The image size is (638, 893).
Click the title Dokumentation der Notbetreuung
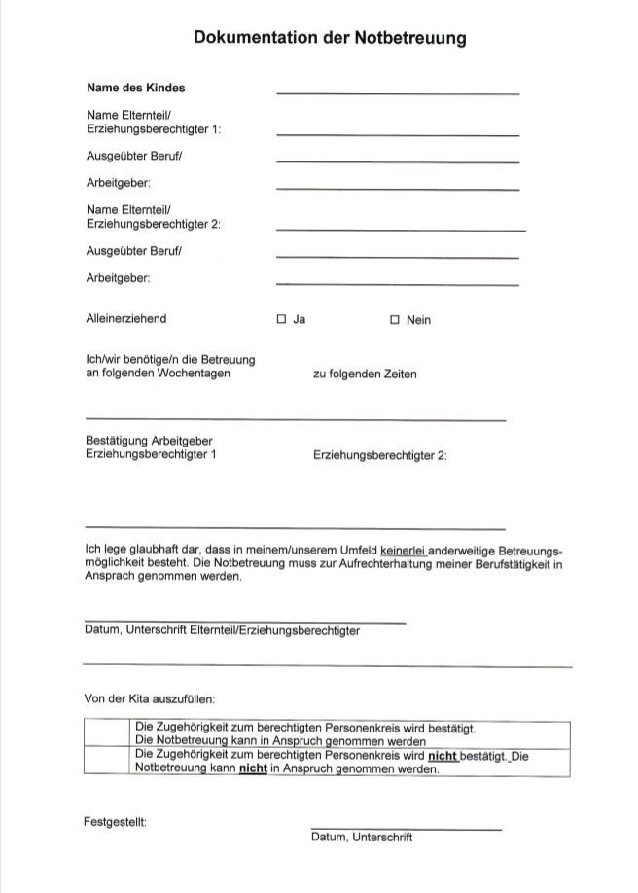330,38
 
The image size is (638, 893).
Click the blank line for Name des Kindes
398,92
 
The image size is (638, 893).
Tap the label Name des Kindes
135,88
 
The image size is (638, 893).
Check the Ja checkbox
282,319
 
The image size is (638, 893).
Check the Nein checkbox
395,319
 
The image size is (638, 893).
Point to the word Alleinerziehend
126,318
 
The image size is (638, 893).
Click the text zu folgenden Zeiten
365,375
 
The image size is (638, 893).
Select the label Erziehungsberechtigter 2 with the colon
380,454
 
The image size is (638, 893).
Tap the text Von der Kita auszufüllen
151,698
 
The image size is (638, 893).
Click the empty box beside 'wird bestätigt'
107,732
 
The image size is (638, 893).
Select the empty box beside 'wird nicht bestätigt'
107,760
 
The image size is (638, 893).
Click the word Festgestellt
116,822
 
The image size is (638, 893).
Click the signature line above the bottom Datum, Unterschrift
407,829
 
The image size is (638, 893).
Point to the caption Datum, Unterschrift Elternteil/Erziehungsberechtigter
223,630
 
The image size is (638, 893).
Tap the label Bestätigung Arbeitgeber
149,441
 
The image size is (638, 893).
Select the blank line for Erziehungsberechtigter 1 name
398,134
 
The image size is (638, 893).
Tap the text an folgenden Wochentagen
159,374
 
